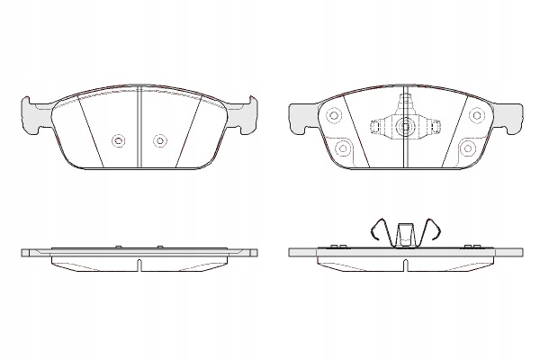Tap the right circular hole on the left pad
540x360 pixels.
(x=159, y=139)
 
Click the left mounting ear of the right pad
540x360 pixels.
(x=299, y=113)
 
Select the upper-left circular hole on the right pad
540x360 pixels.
(x=335, y=115)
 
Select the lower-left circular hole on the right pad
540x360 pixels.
(x=342, y=148)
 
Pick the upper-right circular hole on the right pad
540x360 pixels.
(x=474, y=115)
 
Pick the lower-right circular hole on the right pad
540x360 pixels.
(x=466, y=148)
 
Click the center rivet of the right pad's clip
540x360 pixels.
(x=404, y=127)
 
